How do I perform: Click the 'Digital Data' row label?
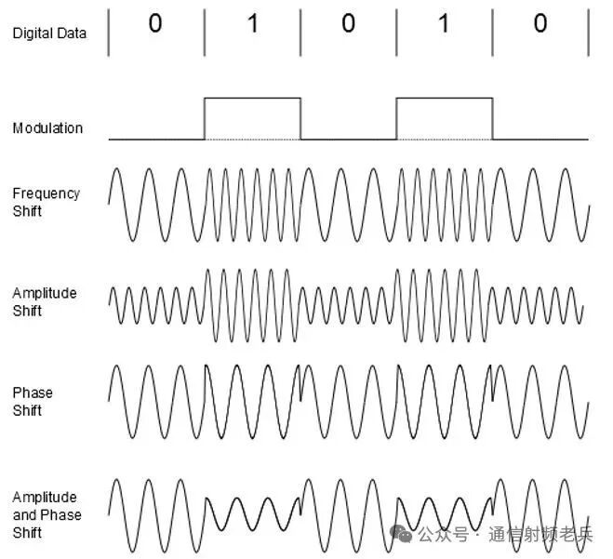(x=49, y=33)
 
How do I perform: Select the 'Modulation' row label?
(x=47, y=128)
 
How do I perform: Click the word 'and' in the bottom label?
(x=24, y=515)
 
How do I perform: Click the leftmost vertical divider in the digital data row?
(x=109, y=33)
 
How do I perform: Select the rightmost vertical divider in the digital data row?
(x=588, y=33)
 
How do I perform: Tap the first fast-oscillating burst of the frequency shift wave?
(x=252, y=204)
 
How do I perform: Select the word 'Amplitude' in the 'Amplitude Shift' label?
(x=45, y=293)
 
